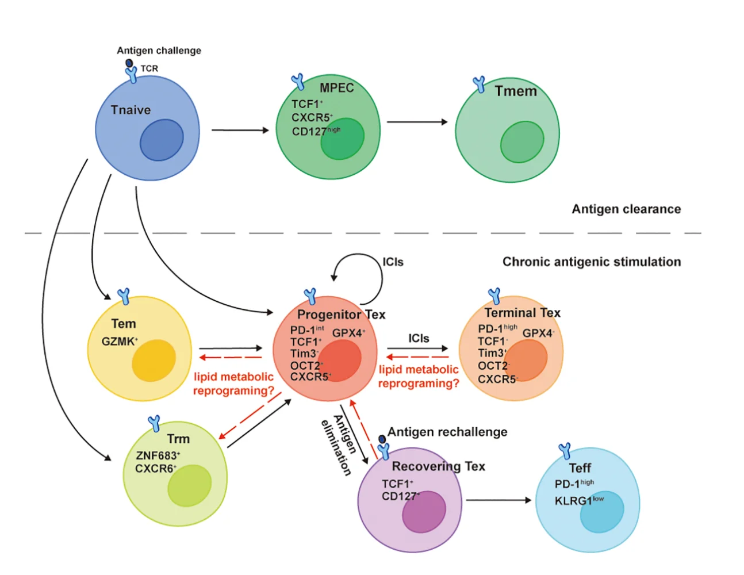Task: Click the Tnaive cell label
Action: (131, 110)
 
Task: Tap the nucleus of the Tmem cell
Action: (522, 142)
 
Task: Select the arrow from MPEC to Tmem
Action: (417, 122)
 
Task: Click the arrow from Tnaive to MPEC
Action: (240, 130)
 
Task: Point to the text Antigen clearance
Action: (626, 209)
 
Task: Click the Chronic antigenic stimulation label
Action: (592, 262)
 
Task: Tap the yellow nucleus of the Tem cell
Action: (154, 361)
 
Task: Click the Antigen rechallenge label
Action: (447, 432)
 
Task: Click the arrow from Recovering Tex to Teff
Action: (498, 500)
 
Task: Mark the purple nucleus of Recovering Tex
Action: (424, 512)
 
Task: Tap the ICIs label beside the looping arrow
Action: (393, 262)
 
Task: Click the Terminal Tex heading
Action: (522, 313)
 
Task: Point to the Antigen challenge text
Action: (159, 51)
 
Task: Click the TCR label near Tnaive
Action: (149, 68)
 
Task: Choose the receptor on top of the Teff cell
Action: (565, 451)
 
